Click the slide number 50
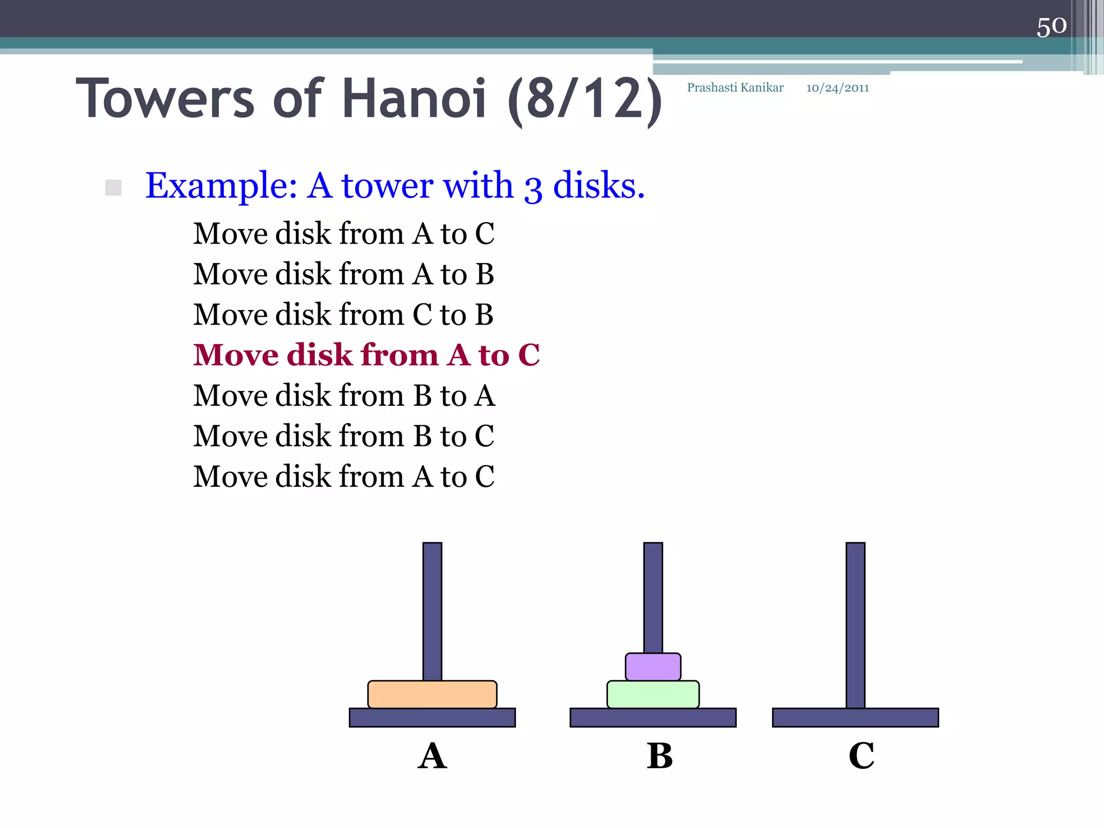pyautogui.click(x=1051, y=26)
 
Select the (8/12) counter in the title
pyautogui.click(x=585, y=100)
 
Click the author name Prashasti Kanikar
pyautogui.click(x=735, y=88)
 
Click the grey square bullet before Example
pyautogui.click(x=113, y=188)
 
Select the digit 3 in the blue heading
pyautogui.click(x=533, y=188)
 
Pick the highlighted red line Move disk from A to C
pyautogui.click(x=366, y=355)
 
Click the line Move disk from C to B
pyautogui.click(x=343, y=315)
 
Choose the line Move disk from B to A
pyautogui.click(x=344, y=396)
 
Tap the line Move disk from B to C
pyautogui.click(x=343, y=436)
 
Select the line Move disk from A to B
pyautogui.click(x=343, y=274)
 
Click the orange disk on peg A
pyautogui.click(x=432, y=694)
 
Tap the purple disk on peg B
pyautogui.click(x=653, y=667)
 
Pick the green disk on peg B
pyautogui.click(x=653, y=694)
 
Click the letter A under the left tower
pyautogui.click(x=432, y=756)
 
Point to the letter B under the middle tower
pyautogui.click(x=660, y=756)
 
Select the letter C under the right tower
pyautogui.click(x=861, y=756)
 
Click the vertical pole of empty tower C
pyautogui.click(x=855, y=625)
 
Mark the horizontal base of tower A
pyautogui.click(x=432, y=717)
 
